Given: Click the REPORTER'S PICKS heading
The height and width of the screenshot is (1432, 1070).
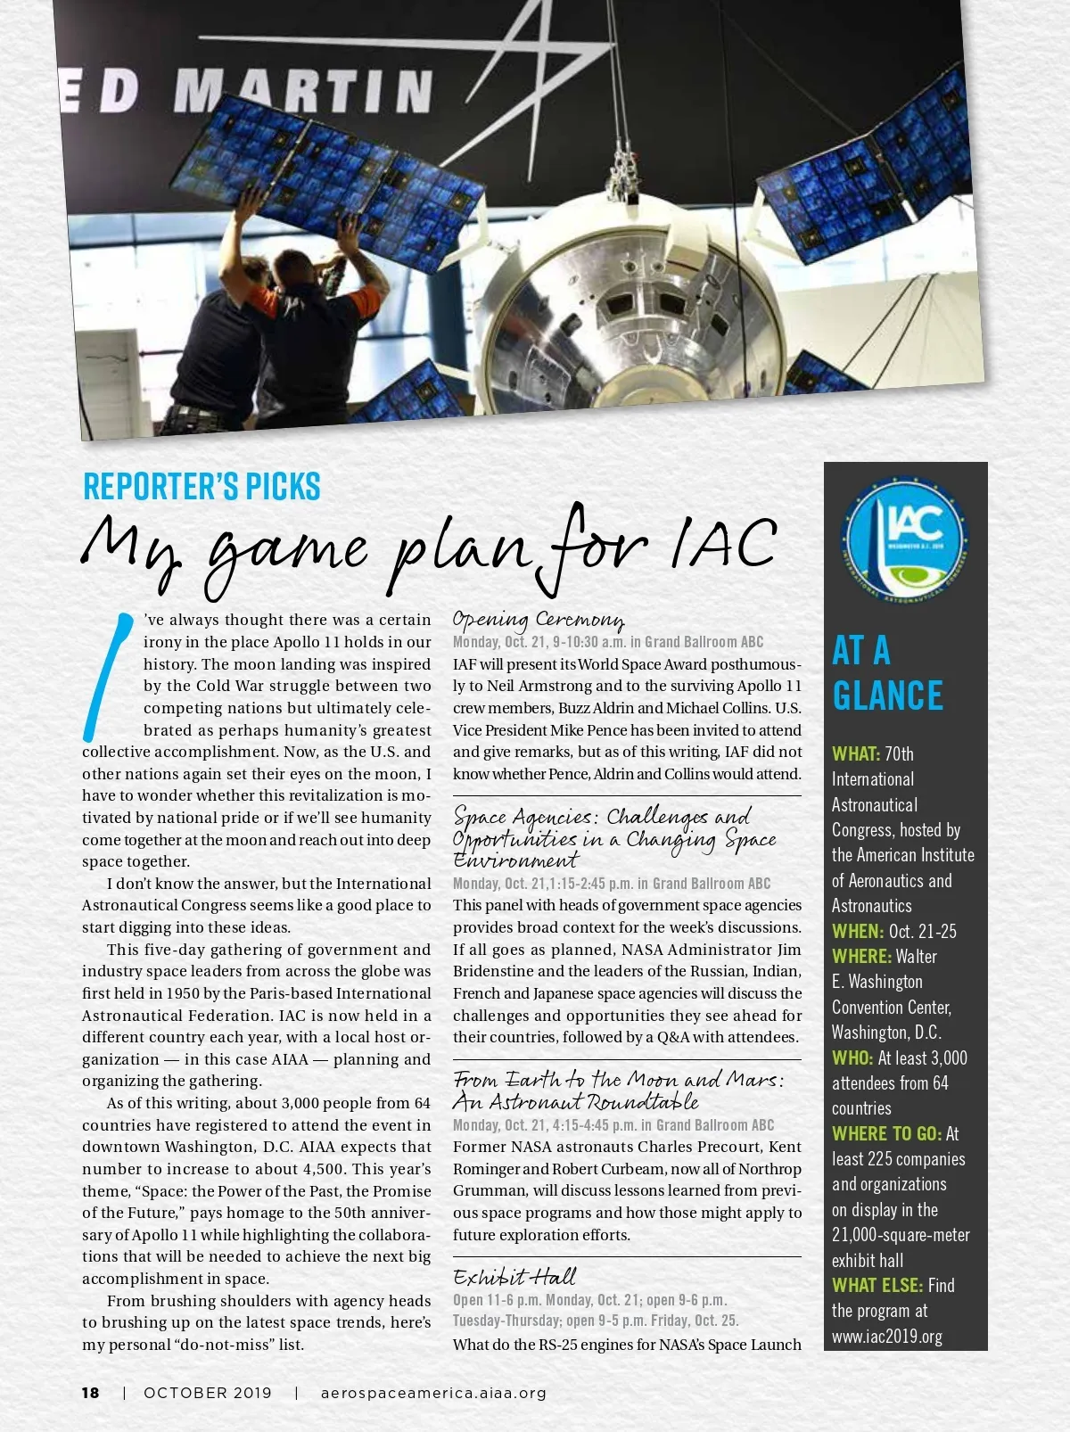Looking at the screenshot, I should tap(202, 487).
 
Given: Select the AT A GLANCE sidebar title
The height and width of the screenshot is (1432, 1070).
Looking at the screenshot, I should tap(887, 673).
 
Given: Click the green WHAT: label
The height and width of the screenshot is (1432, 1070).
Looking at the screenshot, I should tap(856, 754).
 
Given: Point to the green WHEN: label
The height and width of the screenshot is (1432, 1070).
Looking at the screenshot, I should tap(858, 932).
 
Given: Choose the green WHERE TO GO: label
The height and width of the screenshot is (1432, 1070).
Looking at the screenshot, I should tap(886, 1134).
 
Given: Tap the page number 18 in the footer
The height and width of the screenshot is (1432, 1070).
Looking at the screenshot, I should tap(91, 1393).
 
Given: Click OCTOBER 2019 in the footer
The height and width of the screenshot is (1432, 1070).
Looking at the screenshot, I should tap(208, 1393).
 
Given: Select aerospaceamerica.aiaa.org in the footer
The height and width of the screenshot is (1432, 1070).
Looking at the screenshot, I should tap(433, 1393).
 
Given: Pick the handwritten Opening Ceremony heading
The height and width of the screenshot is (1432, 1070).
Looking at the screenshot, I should tap(539, 620).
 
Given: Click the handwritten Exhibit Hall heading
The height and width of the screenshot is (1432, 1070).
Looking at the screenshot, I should tap(514, 1277).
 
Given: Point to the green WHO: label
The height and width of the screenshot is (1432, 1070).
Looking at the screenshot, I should tap(852, 1058).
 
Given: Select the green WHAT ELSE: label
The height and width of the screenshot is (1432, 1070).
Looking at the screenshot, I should tap(877, 1286).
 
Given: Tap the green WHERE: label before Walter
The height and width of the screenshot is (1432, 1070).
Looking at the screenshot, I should tap(861, 957).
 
